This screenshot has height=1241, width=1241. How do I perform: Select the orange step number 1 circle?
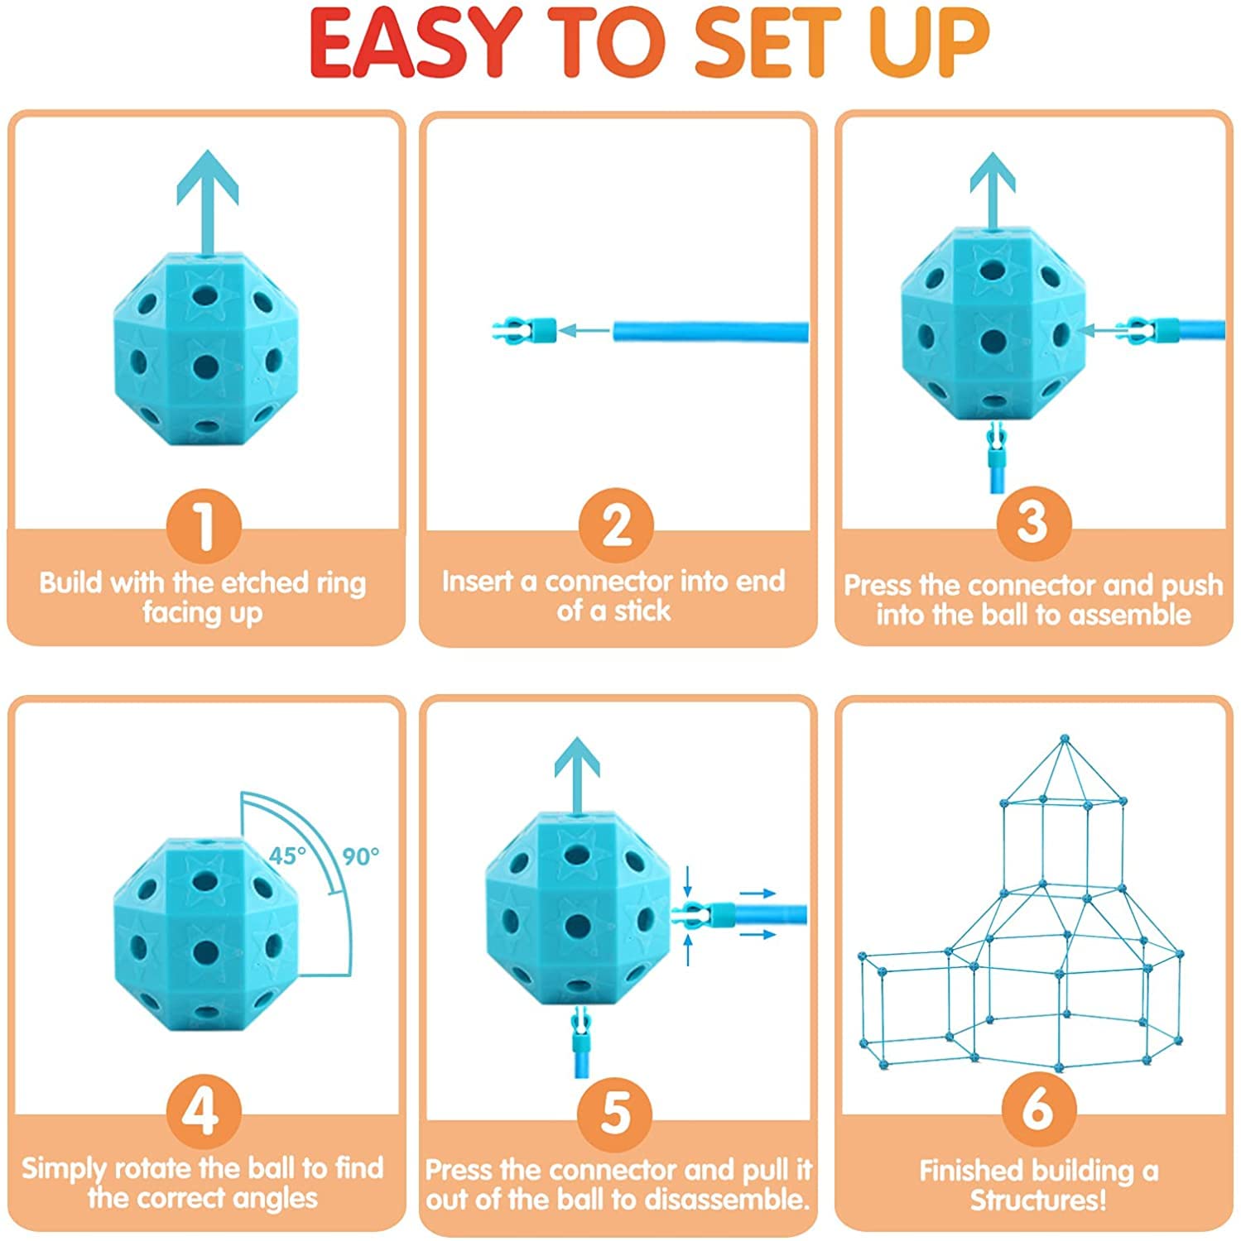pyautogui.click(x=204, y=526)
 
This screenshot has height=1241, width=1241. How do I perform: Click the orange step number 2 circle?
pyautogui.click(x=616, y=525)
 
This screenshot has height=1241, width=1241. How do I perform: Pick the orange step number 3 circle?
pyautogui.click(x=1032, y=523)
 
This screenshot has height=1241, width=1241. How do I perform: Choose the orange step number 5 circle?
pyautogui.click(x=615, y=1113)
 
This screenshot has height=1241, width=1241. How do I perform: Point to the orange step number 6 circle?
pyautogui.click(x=1038, y=1109)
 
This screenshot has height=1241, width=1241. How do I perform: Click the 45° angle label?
pyautogui.click(x=287, y=855)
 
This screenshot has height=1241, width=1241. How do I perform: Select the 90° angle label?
pyautogui.click(x=361, y=856)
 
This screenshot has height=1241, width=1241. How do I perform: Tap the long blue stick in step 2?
pyautogui.click(x=710, y=332)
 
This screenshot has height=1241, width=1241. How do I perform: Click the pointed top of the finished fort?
pyautogui.click(x=1065, y=739)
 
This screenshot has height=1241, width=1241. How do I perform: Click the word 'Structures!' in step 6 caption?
pyautogui.click(x=1038, y=1200)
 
